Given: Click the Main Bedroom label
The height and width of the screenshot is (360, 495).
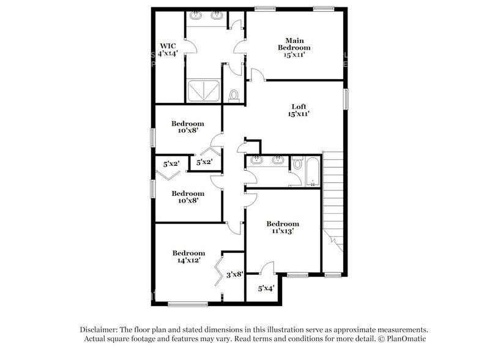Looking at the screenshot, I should coord(294,47).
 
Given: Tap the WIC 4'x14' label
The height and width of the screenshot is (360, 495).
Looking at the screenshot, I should coord(168,50).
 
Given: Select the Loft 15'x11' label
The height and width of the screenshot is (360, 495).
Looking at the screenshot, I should coord(299,110).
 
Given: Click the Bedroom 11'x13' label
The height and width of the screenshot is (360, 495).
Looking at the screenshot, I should coord(282,227).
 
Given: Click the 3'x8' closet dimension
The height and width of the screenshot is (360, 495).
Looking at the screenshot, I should coord(235,275).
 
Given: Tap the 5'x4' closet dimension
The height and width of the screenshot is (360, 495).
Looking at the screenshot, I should coord(266,288).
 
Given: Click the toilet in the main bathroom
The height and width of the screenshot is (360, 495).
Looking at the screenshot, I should coord(233,95).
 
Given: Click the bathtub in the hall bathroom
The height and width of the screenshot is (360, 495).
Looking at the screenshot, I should coord(313,172).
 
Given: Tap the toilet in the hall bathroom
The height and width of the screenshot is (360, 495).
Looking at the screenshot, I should coord(298,163).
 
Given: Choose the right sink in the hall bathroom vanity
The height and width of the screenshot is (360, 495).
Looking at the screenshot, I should coord(278,160).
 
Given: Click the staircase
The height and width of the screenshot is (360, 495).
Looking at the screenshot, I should coord(333,196).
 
